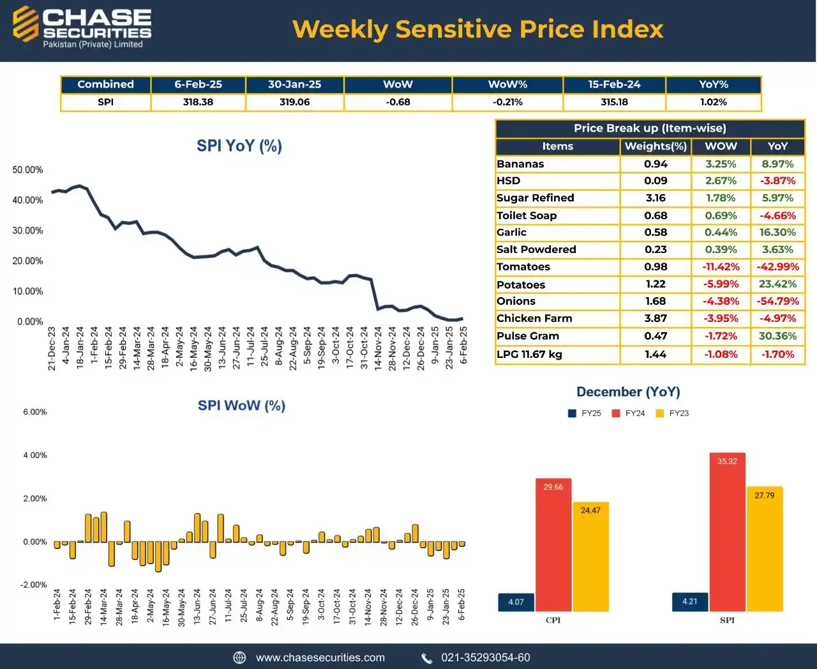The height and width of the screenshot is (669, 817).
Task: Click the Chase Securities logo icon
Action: [x=26, y=24]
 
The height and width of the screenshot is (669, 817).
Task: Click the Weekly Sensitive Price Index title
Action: [x=477, y=29]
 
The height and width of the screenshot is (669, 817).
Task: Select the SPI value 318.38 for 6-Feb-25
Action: [x=198, y=102]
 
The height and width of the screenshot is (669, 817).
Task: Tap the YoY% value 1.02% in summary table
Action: [x=713, y=102]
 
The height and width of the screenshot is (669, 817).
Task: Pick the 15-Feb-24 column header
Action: [x=614, y=84]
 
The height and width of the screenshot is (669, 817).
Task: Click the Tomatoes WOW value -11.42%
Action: [x=721, y=267]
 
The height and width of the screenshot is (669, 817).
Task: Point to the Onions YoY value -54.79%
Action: [x=777, y=301]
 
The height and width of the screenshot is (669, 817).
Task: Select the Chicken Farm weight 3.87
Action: [x=656, y=318]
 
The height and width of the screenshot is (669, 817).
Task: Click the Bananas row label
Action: [x=520, y=164]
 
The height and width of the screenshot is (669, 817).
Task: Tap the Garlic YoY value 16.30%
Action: [x=777, y=233]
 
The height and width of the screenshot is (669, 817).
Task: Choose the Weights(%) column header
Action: [x=656, y=146]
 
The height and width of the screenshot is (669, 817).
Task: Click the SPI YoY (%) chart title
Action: [x=239, y=146]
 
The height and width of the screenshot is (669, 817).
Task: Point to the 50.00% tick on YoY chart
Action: [x=27, y=170]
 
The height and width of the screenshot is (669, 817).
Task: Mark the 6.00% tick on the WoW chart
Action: [x=35, y=412]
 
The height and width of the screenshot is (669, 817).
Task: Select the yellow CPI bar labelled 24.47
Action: [x=590, y=556]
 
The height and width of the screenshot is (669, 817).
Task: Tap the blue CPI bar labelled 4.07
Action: [x=516, y=602]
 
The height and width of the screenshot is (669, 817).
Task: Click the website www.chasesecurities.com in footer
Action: [x=320, y=657]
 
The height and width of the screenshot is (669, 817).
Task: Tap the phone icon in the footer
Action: [x=427, y=658]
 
